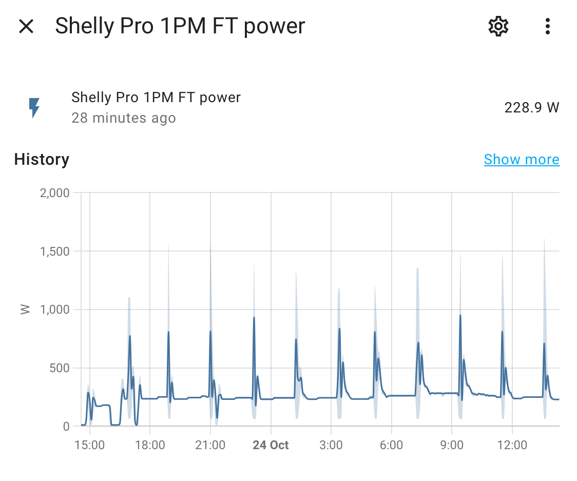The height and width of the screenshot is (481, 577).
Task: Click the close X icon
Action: click(26, 26)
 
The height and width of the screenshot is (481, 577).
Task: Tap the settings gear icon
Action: click(498, 26)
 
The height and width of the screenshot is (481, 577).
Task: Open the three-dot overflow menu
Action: click(548, 26)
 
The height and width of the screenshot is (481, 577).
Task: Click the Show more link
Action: click(522, 160)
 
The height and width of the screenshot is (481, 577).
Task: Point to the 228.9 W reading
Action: click(531, 108)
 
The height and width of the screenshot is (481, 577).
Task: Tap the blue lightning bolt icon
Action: click(34, 107)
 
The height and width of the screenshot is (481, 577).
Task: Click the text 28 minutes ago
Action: click(123, 118)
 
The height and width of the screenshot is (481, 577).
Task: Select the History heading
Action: click(42, 160)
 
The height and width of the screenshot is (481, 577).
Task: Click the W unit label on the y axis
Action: click(25, 309)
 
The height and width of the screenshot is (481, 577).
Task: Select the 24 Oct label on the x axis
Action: click(271, 445)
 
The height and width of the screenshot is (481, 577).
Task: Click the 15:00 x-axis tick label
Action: click(90, 445)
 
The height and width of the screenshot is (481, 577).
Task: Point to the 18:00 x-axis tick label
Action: click(150, 445)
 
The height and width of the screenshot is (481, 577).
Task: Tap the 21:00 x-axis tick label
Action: click(210, 445)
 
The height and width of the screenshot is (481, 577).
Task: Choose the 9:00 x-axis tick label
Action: click(452, 445)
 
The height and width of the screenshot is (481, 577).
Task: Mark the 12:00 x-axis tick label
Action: click(512, 445)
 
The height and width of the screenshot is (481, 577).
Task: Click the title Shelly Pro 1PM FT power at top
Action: click(180, 26)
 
